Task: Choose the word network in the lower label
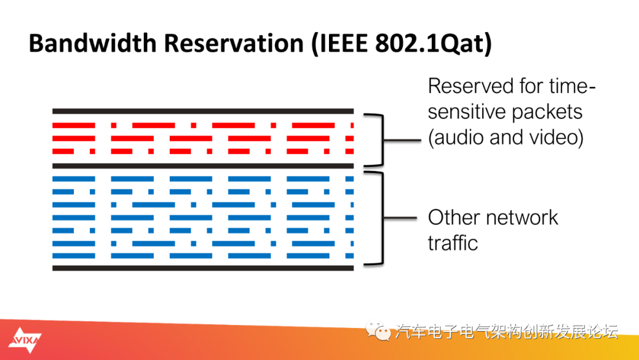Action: (x=524, y=217)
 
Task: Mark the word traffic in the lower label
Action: (x=453, y=243)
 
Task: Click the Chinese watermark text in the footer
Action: (x=506, y=332)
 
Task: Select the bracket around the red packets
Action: (x=379, y=140)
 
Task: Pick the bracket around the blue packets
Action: (x=379, y=218)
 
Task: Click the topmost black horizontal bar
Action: (x=202, y=111)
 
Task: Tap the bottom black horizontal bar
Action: (x=202, y=268)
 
